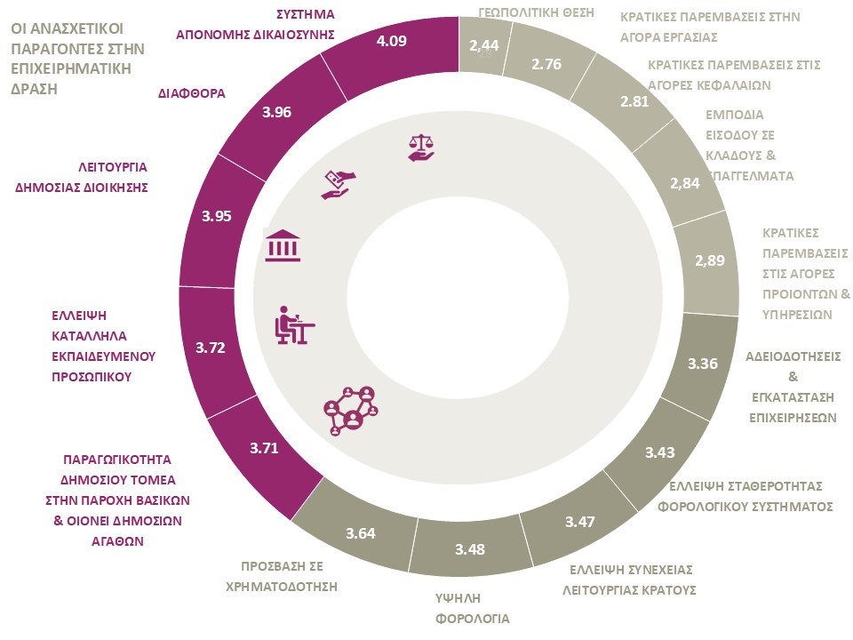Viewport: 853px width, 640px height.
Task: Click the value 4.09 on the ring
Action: (x=392, y=41)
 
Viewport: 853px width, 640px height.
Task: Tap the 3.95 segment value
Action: (x=217, y=215)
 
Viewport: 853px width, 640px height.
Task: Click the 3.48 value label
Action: (x=469, y=548)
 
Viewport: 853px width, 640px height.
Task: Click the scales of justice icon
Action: (x=421, y=148)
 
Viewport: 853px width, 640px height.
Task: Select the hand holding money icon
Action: (x=338, y=184)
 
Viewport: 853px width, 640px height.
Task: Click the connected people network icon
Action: (x=351, y=411)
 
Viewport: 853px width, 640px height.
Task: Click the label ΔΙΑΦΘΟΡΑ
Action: (x=192, y=92)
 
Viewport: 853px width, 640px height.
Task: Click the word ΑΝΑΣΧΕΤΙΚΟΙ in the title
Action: (x=74, y=28)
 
